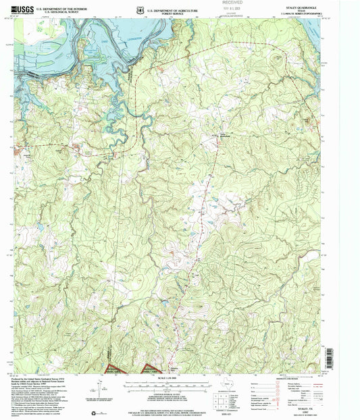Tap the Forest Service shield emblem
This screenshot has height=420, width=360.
(138, 10)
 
